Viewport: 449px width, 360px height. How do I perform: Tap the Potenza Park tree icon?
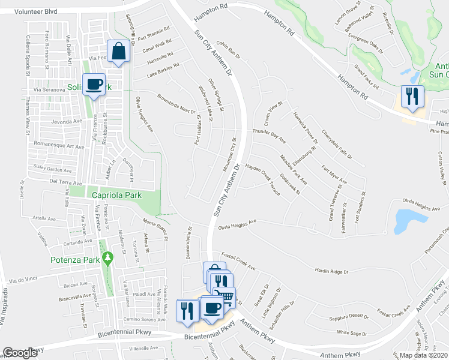click(108, 259)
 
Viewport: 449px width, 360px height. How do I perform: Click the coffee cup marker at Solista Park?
click(94, 85)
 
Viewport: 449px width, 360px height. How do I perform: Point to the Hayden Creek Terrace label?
click(264, 178)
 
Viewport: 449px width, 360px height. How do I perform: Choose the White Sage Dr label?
click(352, 332)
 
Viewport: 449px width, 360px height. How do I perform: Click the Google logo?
click(20, 353)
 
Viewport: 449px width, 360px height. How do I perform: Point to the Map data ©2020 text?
click(423, 355)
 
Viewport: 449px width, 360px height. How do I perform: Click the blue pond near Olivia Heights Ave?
click(406, 221)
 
